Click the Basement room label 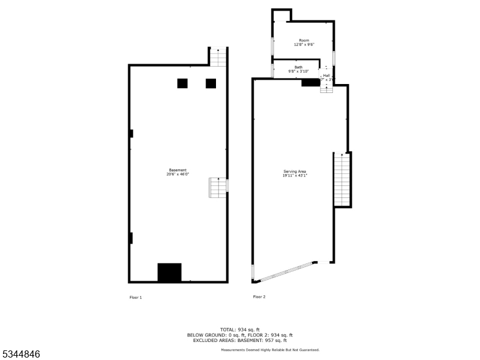tap(177, 170)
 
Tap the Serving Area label tap(295, 172)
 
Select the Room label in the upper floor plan tap(304, 40)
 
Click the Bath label tap(298, 67)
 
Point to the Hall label tap(326, 76)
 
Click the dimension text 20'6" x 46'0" tap(178, 175)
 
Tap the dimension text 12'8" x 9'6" tap(304, 44)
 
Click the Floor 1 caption tap(136, 298)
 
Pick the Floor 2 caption tap(259, 297)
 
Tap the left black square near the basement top tap(182, 83)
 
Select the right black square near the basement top tap(211, 83)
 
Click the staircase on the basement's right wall tap(218, 187)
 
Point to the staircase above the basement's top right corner tap(219, 57)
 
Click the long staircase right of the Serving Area tap(341, 179)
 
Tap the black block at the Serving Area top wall tap(310, 82)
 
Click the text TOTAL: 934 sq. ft tap(239, 330)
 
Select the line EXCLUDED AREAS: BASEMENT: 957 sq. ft tap(239, 340)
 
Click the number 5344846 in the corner tap(21, 355)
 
